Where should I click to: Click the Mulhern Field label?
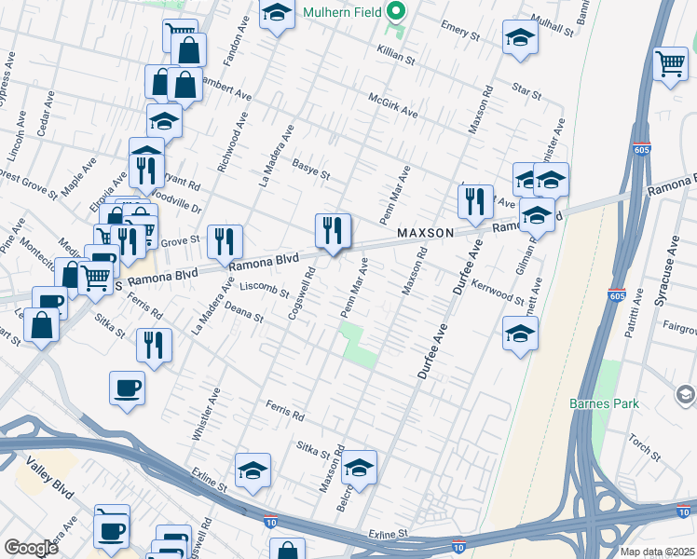pos(343,13)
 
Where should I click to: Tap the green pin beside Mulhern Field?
pos(397,13)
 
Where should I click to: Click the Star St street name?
pos(526,91)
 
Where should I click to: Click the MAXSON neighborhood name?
pos(425,232)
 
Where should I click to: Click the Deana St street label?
pos(244,314)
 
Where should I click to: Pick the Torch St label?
pos(644,448)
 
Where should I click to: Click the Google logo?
pos(30,547)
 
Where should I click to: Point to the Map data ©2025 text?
pos(656,552)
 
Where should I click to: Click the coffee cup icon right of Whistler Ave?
pos(127,387)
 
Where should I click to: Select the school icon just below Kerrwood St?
pos(520,333)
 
